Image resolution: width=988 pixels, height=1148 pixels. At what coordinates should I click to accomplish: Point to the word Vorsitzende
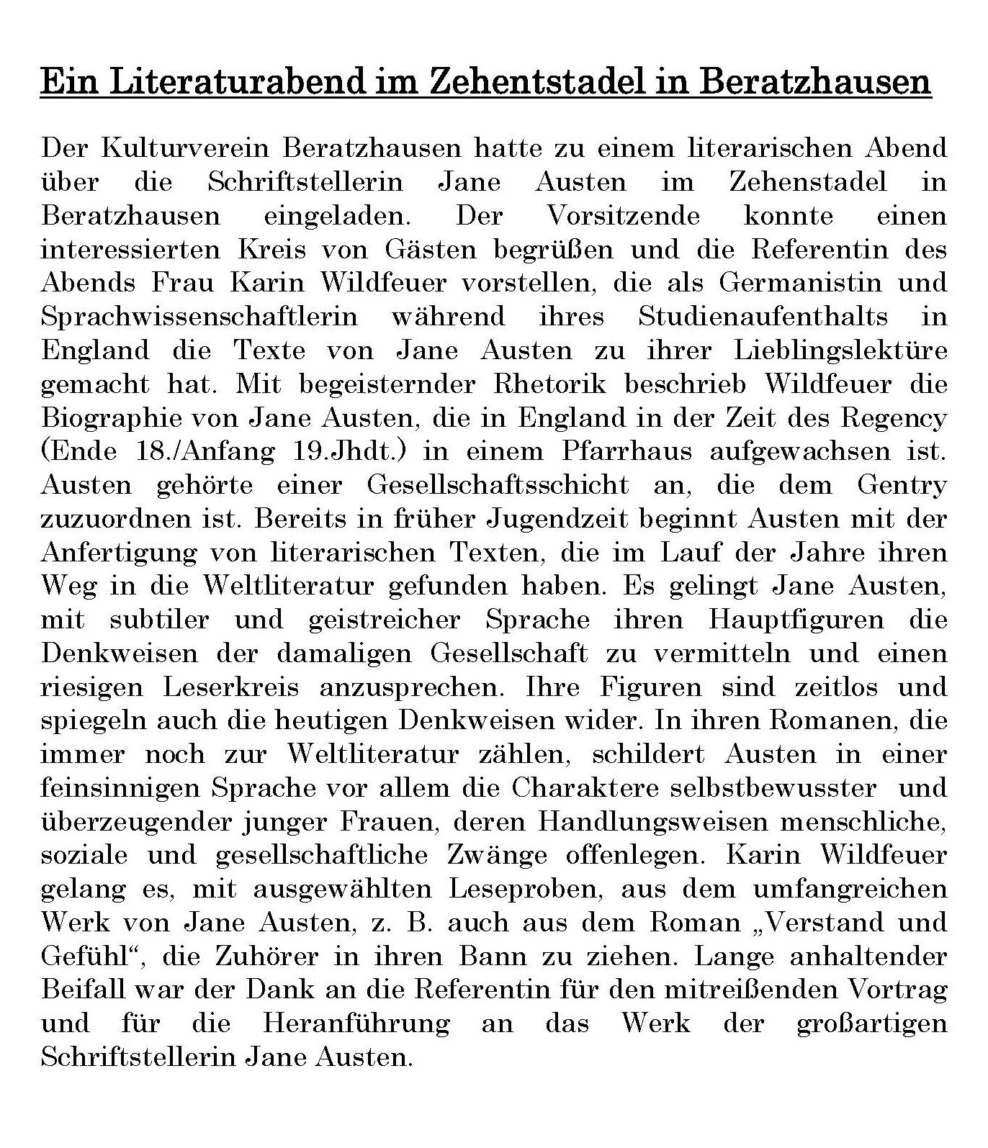[x=624, y=216]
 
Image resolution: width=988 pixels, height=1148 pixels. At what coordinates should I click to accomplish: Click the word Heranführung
[x=356, y=1023]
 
